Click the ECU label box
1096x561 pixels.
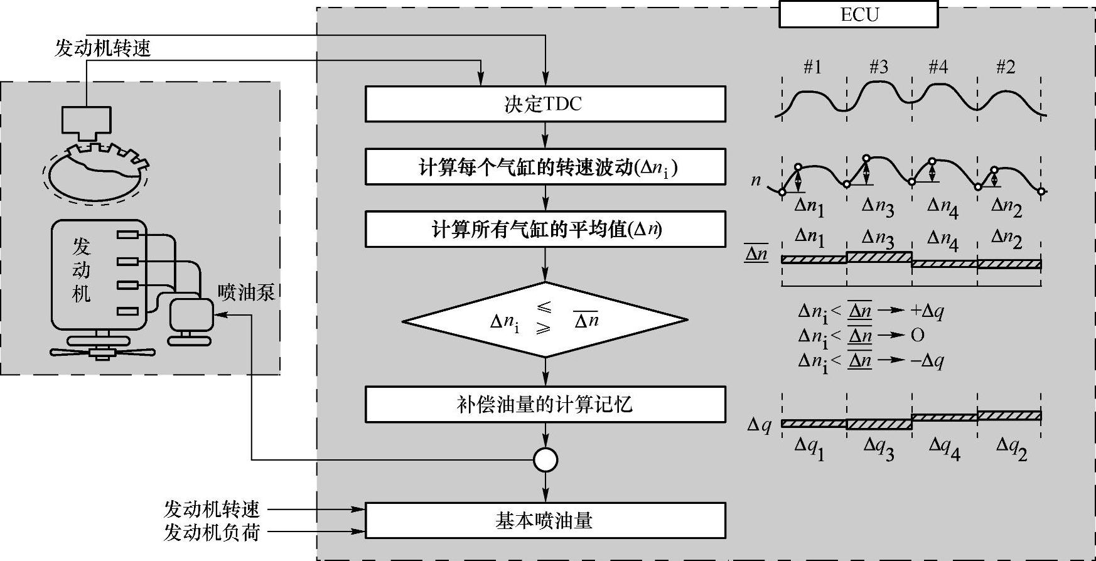click(x=858, y=14)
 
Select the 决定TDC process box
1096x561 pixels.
click(x=545, y=104)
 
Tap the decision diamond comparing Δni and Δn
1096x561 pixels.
click(x=545, y=320)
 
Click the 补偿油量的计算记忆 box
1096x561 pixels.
click(x=545, y=404)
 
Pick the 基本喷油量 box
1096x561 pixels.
click(x=545, y=520)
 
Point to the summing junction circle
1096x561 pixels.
click(x=545, y=460)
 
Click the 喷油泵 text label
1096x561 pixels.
click(x=246, y=292)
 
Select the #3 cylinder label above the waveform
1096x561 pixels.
click(x=879, y=67)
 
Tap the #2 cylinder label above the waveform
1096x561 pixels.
click(x=1006, y=67)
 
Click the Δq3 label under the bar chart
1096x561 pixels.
click(x=878, y=448)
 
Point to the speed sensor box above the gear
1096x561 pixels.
click(x=87, y=120)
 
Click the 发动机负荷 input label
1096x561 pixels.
click(x=212, y=532)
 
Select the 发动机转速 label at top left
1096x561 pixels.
click(x=103, y=48)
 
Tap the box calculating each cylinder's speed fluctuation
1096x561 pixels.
click(x=545, y=167)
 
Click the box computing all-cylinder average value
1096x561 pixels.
click(x=545, y=229)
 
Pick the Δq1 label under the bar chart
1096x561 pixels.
click(x=809, y=448)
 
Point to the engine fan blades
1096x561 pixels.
click(x=102, y=353)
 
